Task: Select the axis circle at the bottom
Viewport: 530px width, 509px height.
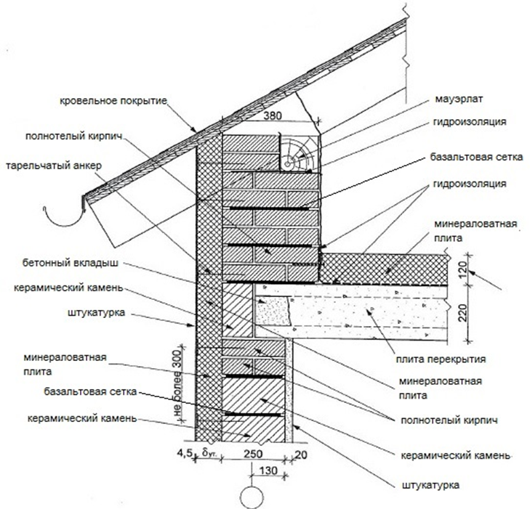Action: pos(251,497)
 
